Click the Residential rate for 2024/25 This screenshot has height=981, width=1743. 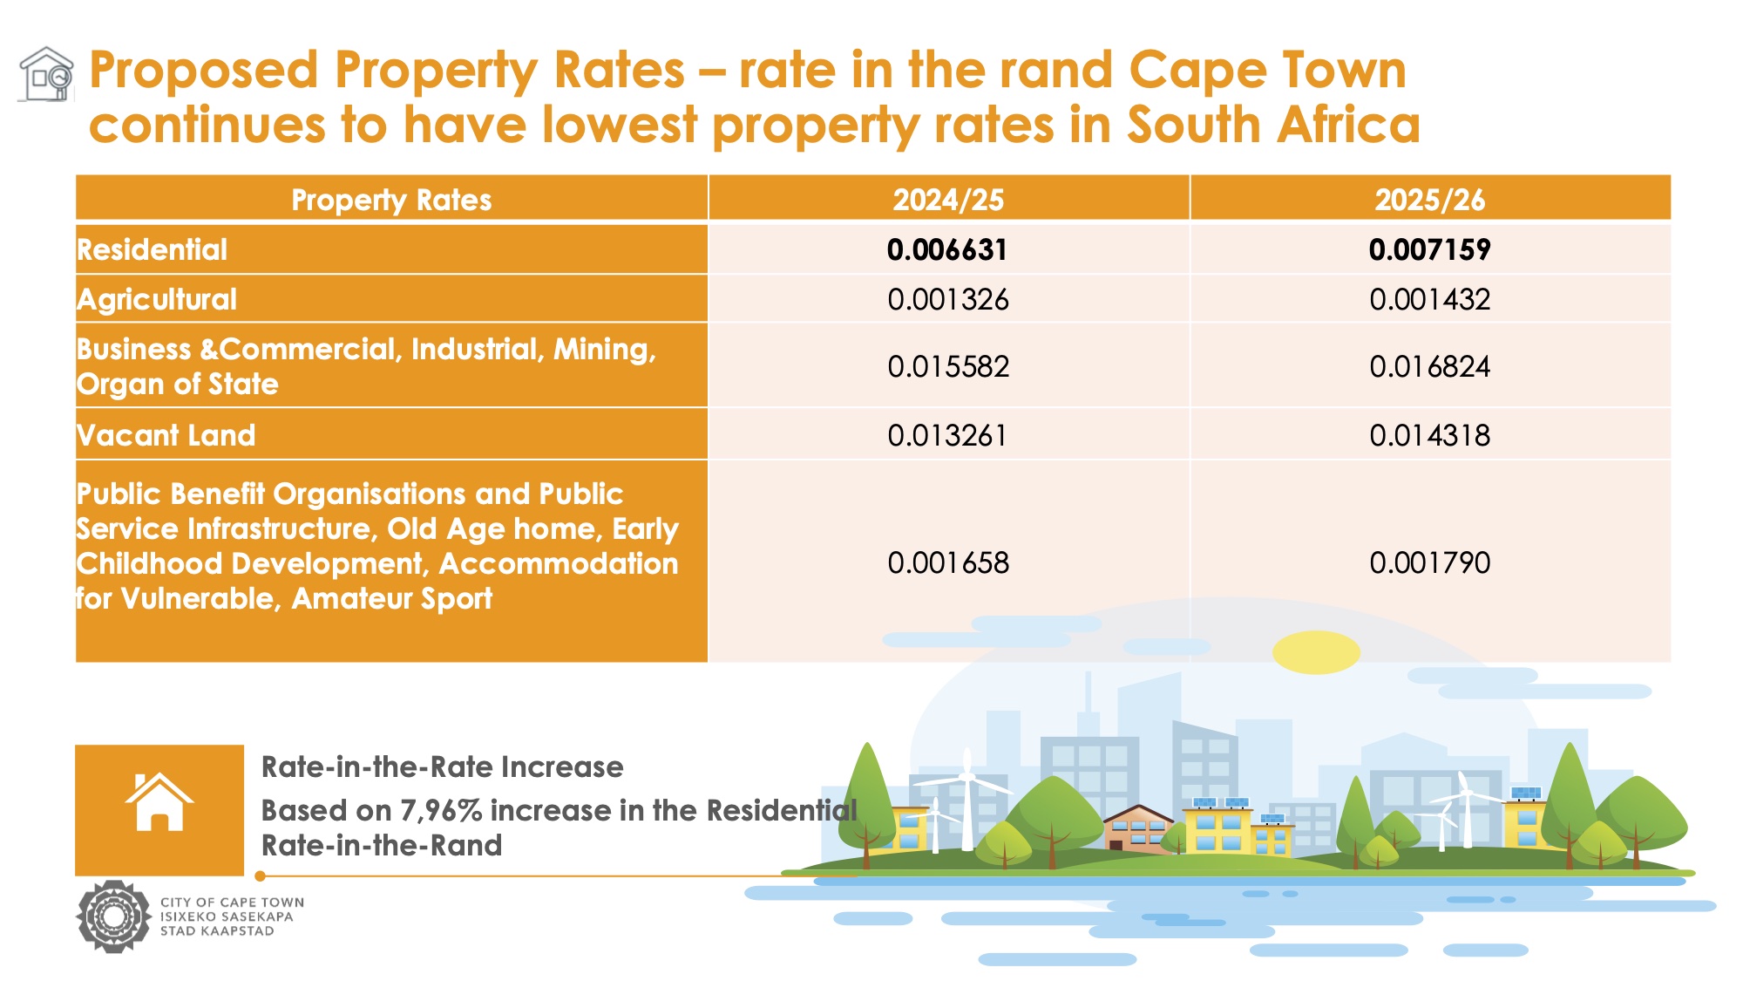coord(947,250)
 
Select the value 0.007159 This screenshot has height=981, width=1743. coord(1429,250)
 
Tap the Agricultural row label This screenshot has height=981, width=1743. coord(157,299)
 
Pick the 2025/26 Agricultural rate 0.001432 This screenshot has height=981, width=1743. coord(1429,300)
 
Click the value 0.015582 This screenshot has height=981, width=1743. coord(948,366)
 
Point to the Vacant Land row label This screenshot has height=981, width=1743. coord(166,435)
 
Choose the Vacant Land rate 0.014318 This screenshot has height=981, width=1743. coord(1429,435)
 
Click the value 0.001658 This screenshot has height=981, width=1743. coord(948,563)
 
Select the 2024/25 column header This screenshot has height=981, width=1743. coord(948,200)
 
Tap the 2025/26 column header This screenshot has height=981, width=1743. coord(1429,200)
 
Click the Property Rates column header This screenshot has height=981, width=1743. coord(391,200)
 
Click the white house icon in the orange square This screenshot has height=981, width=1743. coord(159,802)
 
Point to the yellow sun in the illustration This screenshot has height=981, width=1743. coord(1315,651)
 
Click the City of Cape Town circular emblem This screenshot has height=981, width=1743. coord(113,916)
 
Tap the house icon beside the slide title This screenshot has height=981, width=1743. coord(47,74)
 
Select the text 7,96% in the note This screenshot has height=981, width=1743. coord(441,811)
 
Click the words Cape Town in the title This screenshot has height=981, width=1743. coord(1267,70)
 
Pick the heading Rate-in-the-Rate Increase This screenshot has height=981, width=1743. coord(442,767)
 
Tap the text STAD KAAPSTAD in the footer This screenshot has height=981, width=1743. coord(217,931)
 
